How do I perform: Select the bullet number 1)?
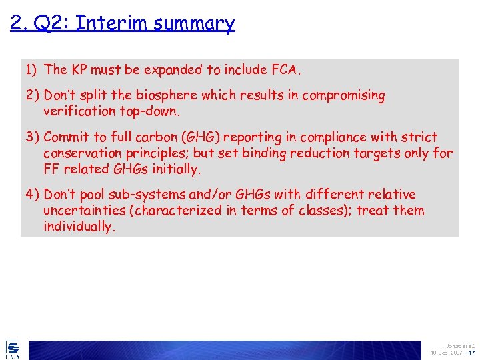[32, 69]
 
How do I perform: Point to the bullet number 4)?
[33, 195]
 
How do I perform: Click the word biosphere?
[165, 95]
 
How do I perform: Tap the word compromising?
[343, 96]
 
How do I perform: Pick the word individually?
[78, 227]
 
